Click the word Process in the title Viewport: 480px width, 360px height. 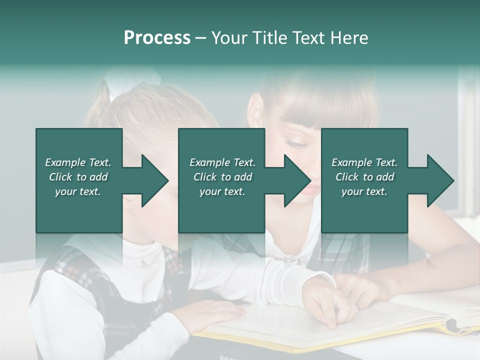(157, 38)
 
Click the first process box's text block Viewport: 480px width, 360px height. (78, 177)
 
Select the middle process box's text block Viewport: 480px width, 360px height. (222, 177)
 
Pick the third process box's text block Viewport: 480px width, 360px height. (364, 177)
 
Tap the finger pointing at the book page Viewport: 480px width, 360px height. (331, 320)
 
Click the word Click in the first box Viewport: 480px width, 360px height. (61, 177)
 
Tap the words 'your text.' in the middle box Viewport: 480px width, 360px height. (222, 191)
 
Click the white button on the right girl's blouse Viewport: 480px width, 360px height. (294, 260)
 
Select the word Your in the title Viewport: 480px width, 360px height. (229, 38)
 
